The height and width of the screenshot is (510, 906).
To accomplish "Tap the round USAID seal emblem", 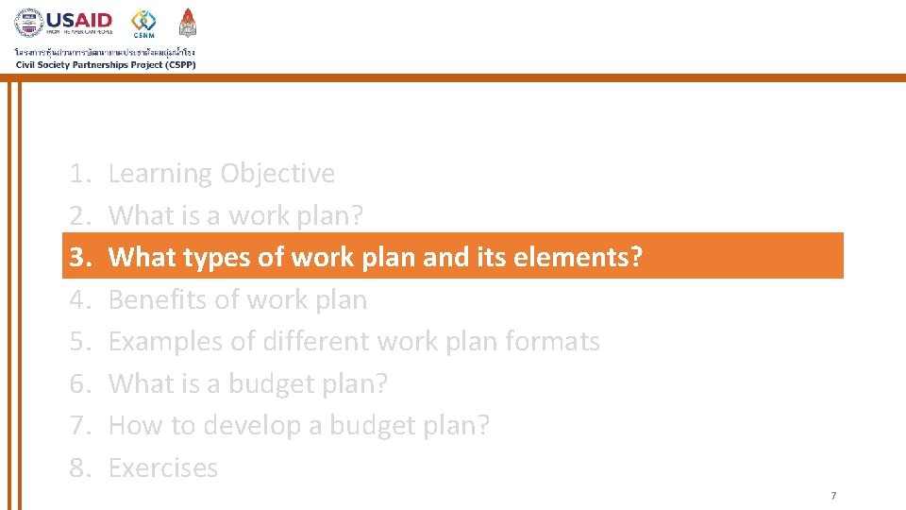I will (x=29, y=24).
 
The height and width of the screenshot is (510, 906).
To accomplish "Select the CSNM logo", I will (x=144, y=23).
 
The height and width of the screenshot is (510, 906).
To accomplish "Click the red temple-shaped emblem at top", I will (x=188, y=23).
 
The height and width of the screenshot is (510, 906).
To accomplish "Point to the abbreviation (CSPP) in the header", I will (x=176, y=64).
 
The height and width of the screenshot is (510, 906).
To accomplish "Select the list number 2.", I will (x=78, y=215).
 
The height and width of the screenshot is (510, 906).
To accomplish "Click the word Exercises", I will (x=163, y=467).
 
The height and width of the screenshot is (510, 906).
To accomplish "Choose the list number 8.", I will (x=78, y=467).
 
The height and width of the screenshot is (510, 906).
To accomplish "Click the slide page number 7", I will (x=833, y=496).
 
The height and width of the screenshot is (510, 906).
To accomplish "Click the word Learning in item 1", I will (x=159, y=174).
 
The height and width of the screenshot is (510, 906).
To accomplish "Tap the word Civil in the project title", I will (x=26, y=64).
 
